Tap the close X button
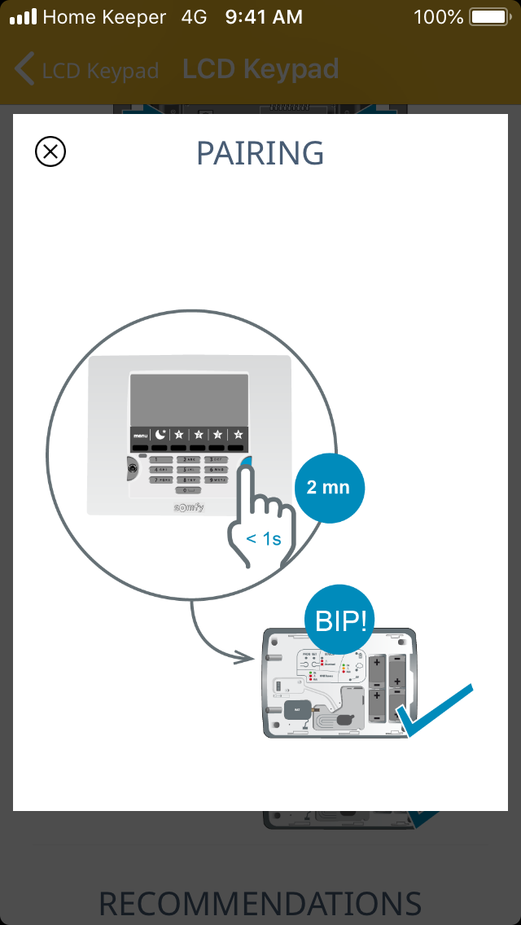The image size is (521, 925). [50, 151]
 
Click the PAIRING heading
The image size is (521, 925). [260, 153]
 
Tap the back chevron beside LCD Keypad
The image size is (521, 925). [25, 70]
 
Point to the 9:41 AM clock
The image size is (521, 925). [265, 16]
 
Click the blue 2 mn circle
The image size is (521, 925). [328, 488]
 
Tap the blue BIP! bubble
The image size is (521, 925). [339, 621]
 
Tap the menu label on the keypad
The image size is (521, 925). [141, 436]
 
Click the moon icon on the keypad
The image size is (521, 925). [160, 435]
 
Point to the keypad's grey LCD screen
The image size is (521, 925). [189, 399]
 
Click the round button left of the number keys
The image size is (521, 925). [133, 470]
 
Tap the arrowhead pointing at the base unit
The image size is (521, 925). [247, 656]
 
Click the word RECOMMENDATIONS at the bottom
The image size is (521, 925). [260, 903]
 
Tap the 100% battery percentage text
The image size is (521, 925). [438, 16]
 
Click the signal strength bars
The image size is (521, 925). [23, 16]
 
